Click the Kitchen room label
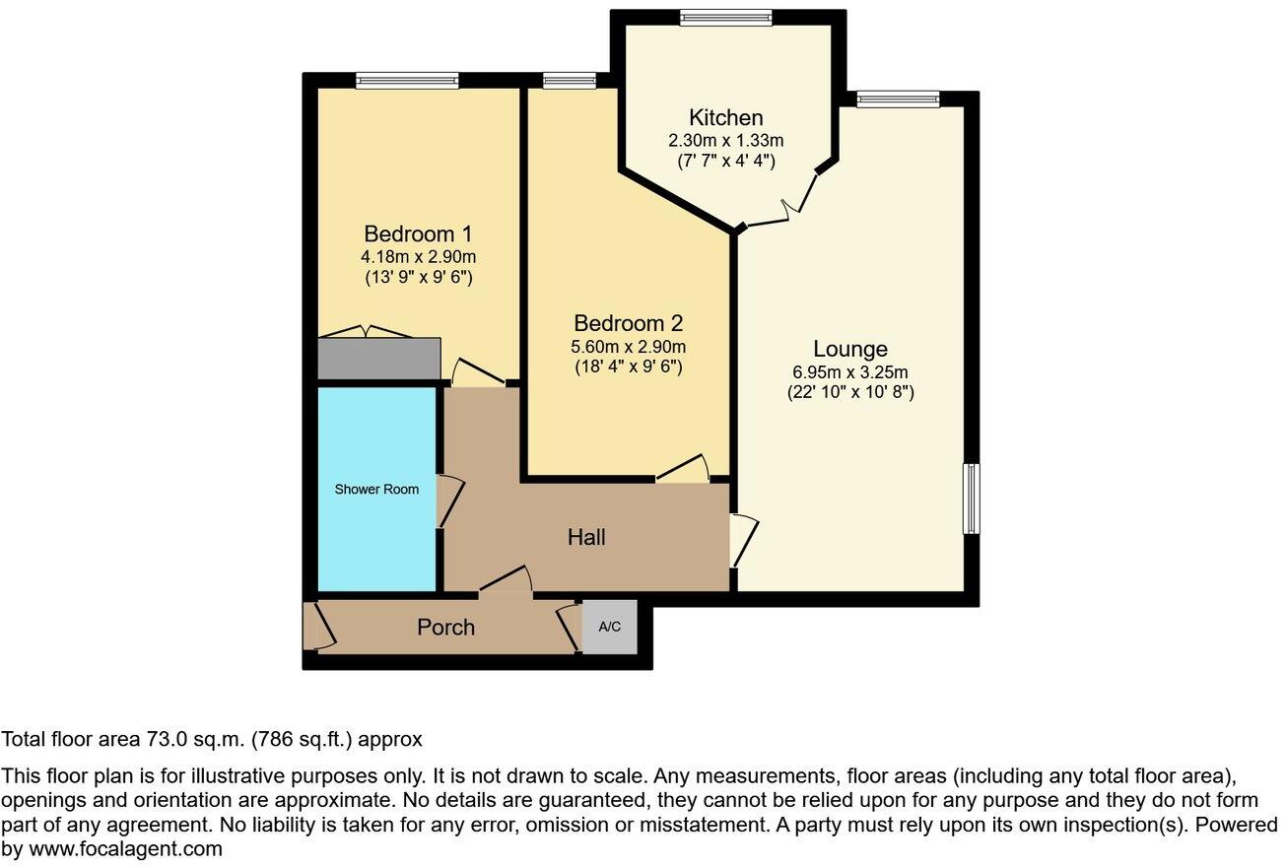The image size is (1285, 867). coord(725,118)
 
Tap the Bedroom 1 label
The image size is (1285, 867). coord(418,234)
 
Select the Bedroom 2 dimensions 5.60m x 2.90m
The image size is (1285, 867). coord(629,346)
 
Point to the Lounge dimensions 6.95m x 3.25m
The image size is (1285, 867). coord(850,372)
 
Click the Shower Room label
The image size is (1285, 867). coord(376,490)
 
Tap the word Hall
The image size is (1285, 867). coord(586,538)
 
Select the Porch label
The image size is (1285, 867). coord(445,628)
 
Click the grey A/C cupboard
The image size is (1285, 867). coord(609,627)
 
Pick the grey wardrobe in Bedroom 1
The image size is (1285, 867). coord(378,359)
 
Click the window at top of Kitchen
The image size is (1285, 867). coord(726,17)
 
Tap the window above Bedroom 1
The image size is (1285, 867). coord(407,81)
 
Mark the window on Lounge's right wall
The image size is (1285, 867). coord(971,499)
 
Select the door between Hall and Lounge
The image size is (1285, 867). coord(743,539)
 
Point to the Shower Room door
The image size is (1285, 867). coord(448,500)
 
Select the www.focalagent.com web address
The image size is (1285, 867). coord(125,848)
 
